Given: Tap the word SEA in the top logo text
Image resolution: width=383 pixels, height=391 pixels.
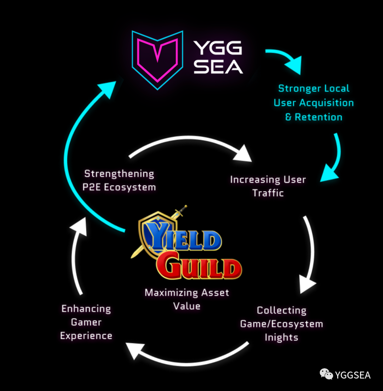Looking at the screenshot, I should coord(218,66).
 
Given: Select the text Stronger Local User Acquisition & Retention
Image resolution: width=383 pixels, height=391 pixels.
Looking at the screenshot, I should coord(314,103).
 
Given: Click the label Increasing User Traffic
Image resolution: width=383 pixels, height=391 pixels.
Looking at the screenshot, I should coord(268,186).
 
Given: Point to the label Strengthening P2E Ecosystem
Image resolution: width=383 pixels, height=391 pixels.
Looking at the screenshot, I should coord(119,180).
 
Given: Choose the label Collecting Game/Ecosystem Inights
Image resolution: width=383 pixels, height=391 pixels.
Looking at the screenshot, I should coord(282,324).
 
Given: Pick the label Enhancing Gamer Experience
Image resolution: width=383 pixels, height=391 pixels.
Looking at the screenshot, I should coord(86,322).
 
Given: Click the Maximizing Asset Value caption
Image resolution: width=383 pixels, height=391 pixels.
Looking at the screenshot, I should coord(187,299).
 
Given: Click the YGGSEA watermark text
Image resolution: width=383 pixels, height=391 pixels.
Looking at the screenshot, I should coord(353,375).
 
